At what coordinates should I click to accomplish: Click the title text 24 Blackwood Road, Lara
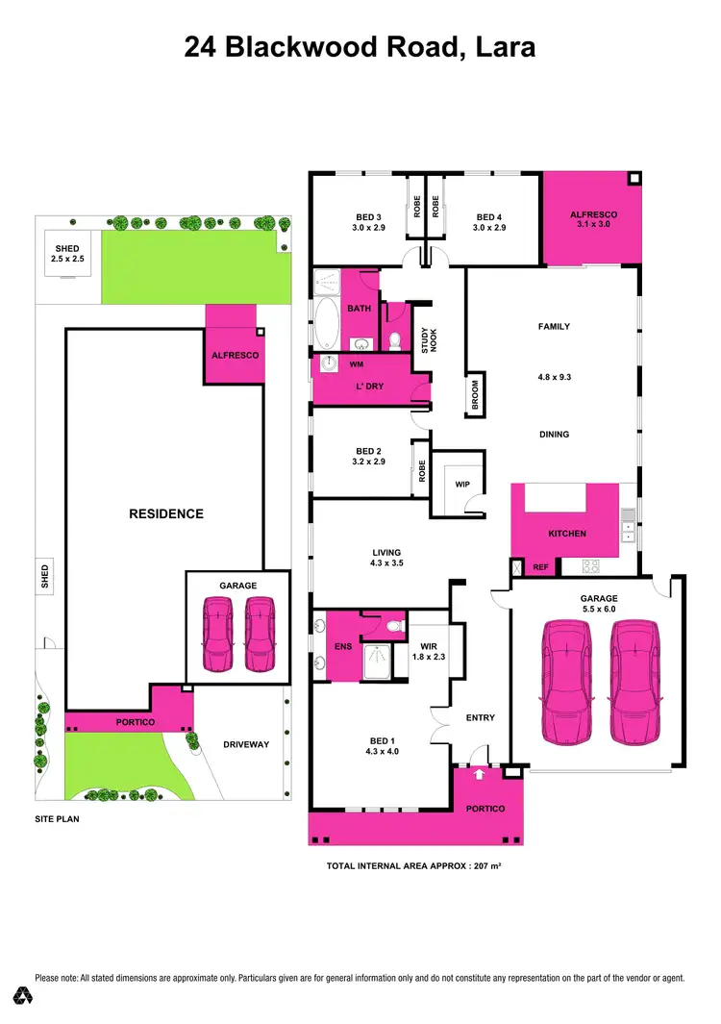pos(360,46)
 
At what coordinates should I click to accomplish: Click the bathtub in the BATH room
pos(327,325)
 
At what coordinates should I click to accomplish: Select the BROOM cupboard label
pos(475,395)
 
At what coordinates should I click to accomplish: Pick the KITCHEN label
pos(567,534)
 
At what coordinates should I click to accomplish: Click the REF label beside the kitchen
pos(540,567)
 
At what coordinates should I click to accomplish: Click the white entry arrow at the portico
pos(479,773)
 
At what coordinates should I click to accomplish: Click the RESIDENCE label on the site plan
pos(166,513)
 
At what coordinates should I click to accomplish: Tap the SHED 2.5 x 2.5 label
pos(67,253)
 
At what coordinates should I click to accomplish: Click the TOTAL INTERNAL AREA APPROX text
pos(414,866)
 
